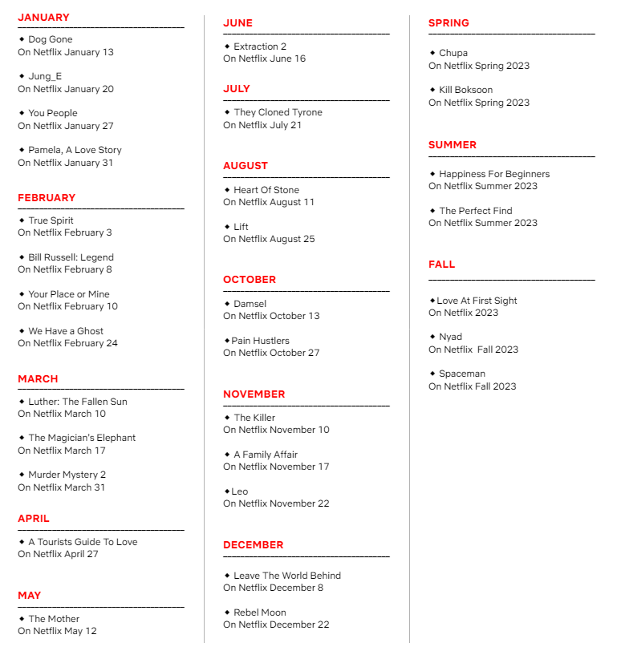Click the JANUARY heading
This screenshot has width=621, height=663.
click(43, 17)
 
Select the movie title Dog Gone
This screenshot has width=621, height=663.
click(51, 39)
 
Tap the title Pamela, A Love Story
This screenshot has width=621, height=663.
click(75, 150)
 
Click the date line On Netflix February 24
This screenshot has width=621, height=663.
click(67, 343)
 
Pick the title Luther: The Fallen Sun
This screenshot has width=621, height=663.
click(78, 402)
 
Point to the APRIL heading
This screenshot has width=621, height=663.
click(34, 519)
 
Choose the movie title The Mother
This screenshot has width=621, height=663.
click(54, 619)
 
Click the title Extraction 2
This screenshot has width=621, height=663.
click(260, 46)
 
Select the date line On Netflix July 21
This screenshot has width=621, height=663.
click(262, 125)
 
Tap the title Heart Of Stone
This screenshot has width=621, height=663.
click(266, 190)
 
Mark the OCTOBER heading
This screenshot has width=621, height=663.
click(250, 280)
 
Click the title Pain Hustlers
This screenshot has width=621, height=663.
click(261, 341)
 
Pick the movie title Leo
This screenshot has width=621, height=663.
click(240, 491)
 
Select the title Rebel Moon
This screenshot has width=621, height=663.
click(260, 612)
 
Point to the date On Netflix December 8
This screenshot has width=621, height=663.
click(273, 588)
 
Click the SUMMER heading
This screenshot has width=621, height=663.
click(453, 145)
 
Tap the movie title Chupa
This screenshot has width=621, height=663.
click(453, 53)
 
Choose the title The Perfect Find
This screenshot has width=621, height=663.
click(476, 211)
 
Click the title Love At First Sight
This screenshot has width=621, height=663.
click(477, 301)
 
